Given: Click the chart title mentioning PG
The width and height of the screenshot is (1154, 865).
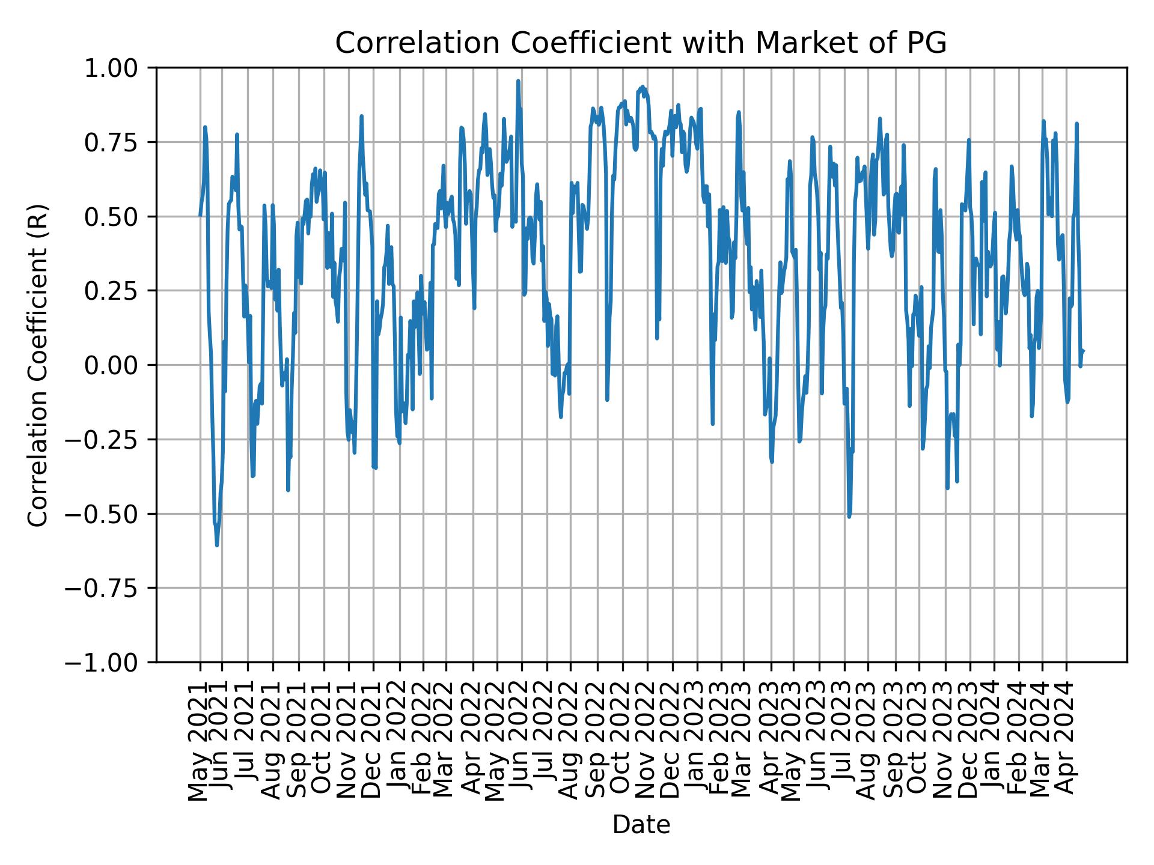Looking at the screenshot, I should (641, 43).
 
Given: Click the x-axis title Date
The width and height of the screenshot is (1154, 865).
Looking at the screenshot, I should (641, 825).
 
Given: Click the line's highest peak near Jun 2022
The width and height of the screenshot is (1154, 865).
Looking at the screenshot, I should (518, 81).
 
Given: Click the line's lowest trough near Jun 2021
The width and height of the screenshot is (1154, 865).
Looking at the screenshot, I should (217, 545).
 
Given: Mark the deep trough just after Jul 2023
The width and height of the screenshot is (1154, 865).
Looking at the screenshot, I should (849, 516).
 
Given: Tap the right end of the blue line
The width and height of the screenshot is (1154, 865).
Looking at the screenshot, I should (1083, 351).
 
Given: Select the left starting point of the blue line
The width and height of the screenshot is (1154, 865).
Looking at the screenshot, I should (200, 215).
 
